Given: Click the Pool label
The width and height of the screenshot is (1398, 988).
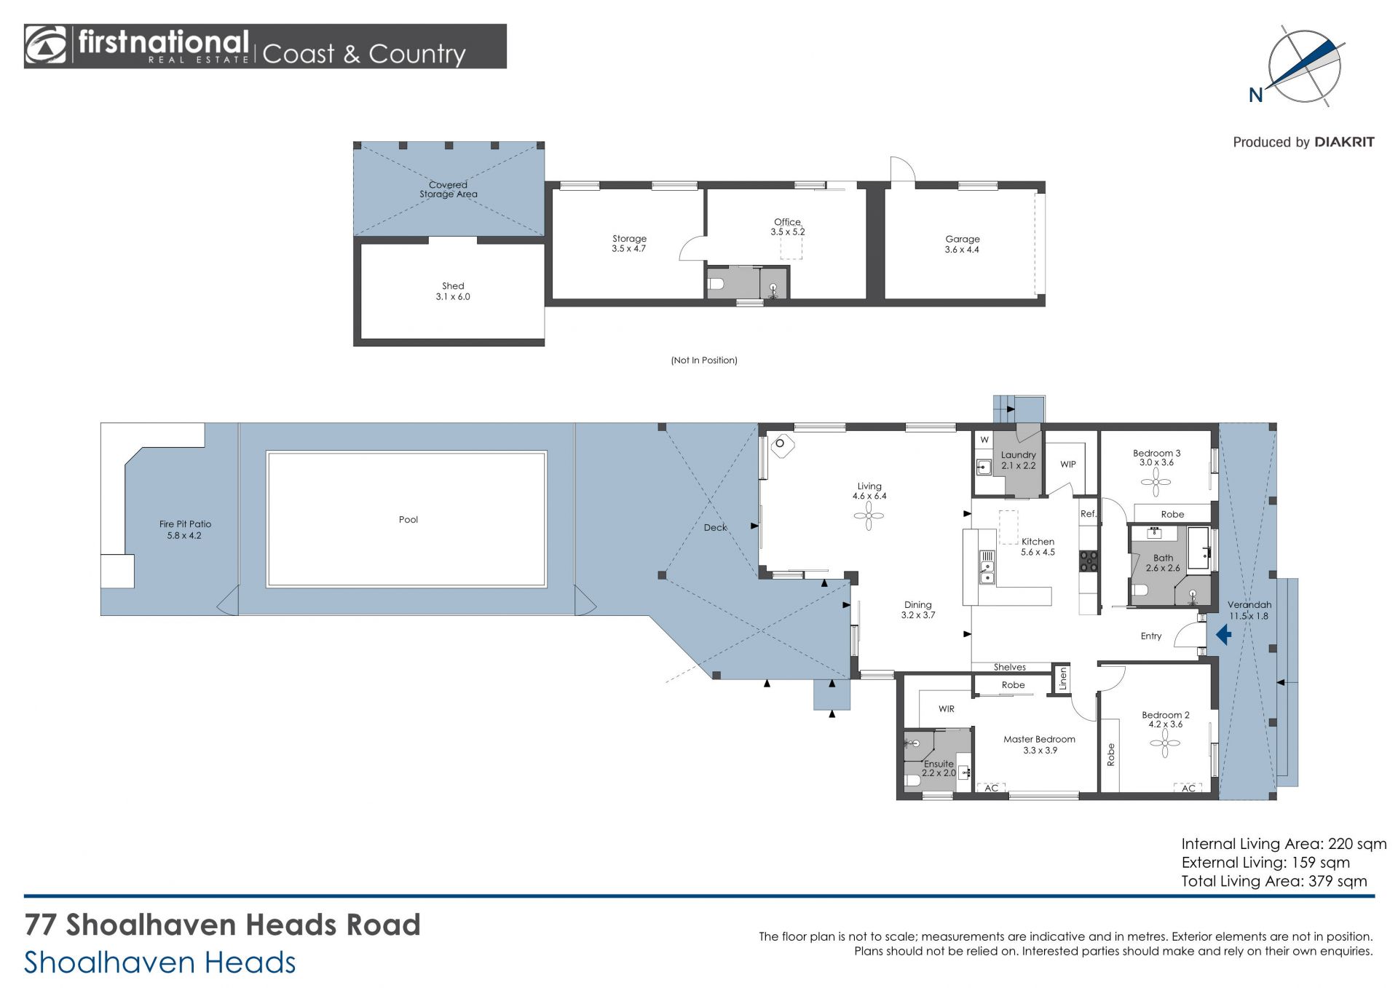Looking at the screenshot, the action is point(408,519).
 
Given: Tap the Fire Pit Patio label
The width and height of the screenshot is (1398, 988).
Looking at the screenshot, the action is point(185,523).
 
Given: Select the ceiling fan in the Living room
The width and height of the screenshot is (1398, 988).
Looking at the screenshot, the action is point(869,516).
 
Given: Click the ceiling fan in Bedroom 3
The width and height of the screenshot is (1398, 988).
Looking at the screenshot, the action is point(1156,481).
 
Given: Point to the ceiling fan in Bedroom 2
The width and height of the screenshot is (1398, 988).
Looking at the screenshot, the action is point(1165,743).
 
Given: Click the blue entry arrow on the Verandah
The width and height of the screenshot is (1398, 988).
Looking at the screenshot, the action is point(1224,635).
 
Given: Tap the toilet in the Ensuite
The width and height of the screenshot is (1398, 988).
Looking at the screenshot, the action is point(912,781).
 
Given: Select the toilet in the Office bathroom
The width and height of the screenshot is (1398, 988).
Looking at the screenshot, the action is point(716,283).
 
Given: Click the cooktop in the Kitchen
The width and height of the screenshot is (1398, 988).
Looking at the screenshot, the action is point(1089,560).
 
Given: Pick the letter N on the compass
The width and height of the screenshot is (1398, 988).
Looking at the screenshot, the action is point(1256,95).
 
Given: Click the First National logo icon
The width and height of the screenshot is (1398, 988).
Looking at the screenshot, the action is point(45,46).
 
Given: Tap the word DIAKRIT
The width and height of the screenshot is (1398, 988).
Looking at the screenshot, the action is point(1344,142).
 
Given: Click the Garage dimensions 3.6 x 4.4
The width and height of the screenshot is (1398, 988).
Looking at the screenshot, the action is point(962,249).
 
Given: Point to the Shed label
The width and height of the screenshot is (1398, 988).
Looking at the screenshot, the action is point(453,286).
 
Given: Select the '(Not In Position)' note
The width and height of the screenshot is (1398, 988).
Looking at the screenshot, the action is point(704,360).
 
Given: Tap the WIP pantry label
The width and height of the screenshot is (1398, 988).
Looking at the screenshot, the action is point(1068,464).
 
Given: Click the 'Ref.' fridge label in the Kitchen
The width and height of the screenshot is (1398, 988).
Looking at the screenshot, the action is point(1089,513).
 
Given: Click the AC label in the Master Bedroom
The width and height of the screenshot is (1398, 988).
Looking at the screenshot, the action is point(991,788).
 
